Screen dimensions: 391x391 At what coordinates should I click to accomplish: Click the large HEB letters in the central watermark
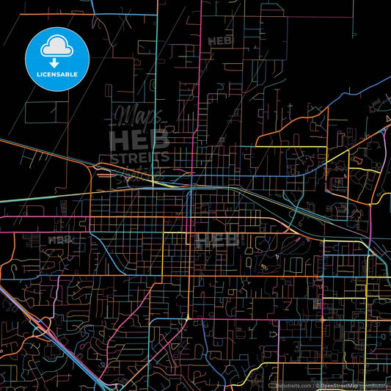point(139,139)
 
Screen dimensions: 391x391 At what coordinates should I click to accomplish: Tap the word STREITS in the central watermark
point(139,157)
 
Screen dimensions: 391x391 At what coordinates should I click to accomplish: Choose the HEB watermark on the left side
point(61,240)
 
